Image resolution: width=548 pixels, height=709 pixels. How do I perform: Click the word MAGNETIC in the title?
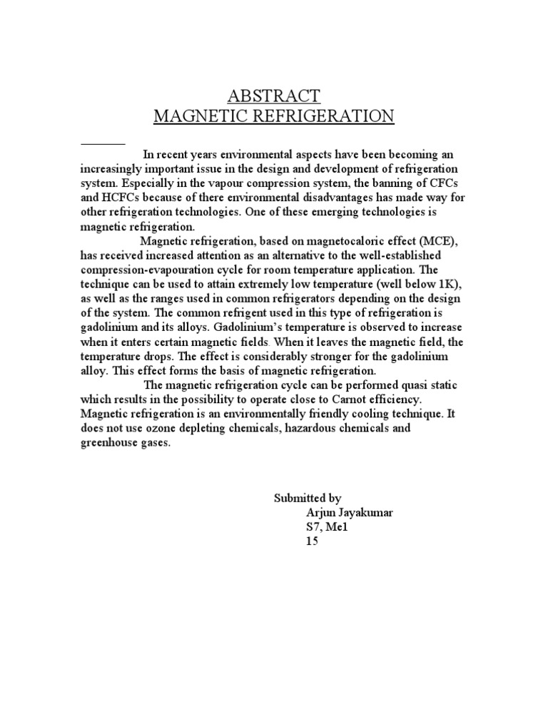(205, 116)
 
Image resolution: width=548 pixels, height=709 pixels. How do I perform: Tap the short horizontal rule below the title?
(103, 144)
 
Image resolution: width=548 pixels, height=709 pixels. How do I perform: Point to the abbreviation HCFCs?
(117, 198)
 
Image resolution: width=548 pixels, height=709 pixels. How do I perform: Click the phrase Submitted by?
(308, 498)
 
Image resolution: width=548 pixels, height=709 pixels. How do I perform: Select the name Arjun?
(321, 513)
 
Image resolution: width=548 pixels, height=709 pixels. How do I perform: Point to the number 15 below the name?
(312, 541)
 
